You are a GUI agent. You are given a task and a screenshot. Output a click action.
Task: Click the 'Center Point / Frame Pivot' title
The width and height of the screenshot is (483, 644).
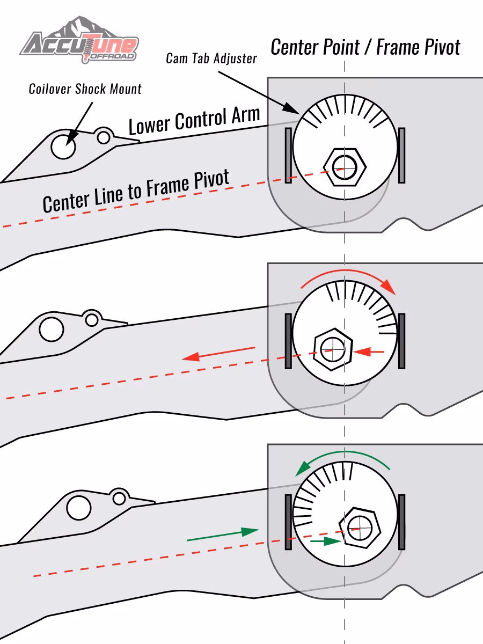[x=365, y=47]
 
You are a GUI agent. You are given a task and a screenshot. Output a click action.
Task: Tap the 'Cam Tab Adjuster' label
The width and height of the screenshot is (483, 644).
[x=211, y=58]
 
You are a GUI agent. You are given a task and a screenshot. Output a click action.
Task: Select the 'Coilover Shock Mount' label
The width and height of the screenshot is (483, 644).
[x=85, y=89]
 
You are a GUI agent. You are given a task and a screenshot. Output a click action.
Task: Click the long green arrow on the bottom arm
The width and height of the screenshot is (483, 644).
[x=222, y=535]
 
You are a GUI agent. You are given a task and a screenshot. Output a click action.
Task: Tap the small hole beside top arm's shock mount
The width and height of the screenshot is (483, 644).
[x=104, y=137]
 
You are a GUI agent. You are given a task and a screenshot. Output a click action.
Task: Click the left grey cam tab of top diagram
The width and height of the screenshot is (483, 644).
[x=288, y=156]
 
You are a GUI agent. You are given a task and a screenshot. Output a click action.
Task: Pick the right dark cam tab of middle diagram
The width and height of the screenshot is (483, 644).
[x=401, y=341]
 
